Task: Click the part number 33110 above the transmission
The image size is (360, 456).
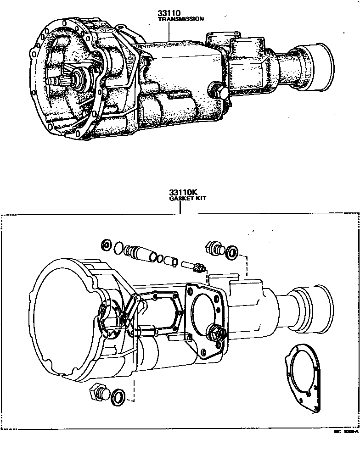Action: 169,14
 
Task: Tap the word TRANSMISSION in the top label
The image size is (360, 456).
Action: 180,19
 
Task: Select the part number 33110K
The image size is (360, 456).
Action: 180,192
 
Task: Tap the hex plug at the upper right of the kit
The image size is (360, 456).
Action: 214,248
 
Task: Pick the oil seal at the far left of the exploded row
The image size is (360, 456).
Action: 107,245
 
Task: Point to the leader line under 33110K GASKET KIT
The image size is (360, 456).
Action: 180,207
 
